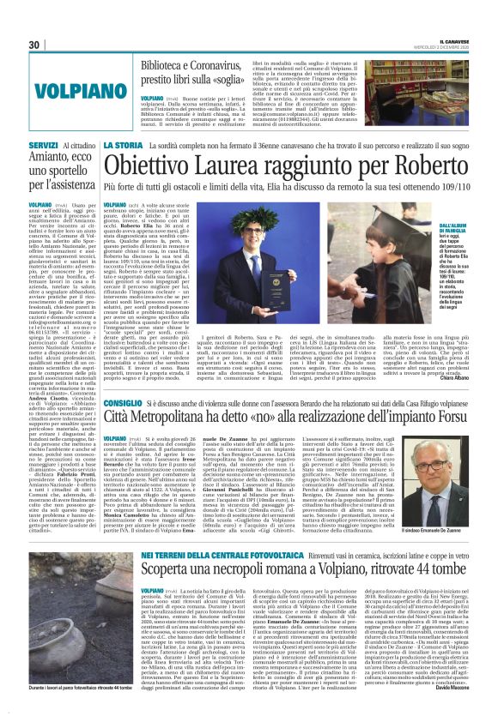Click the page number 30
[34, 45]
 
